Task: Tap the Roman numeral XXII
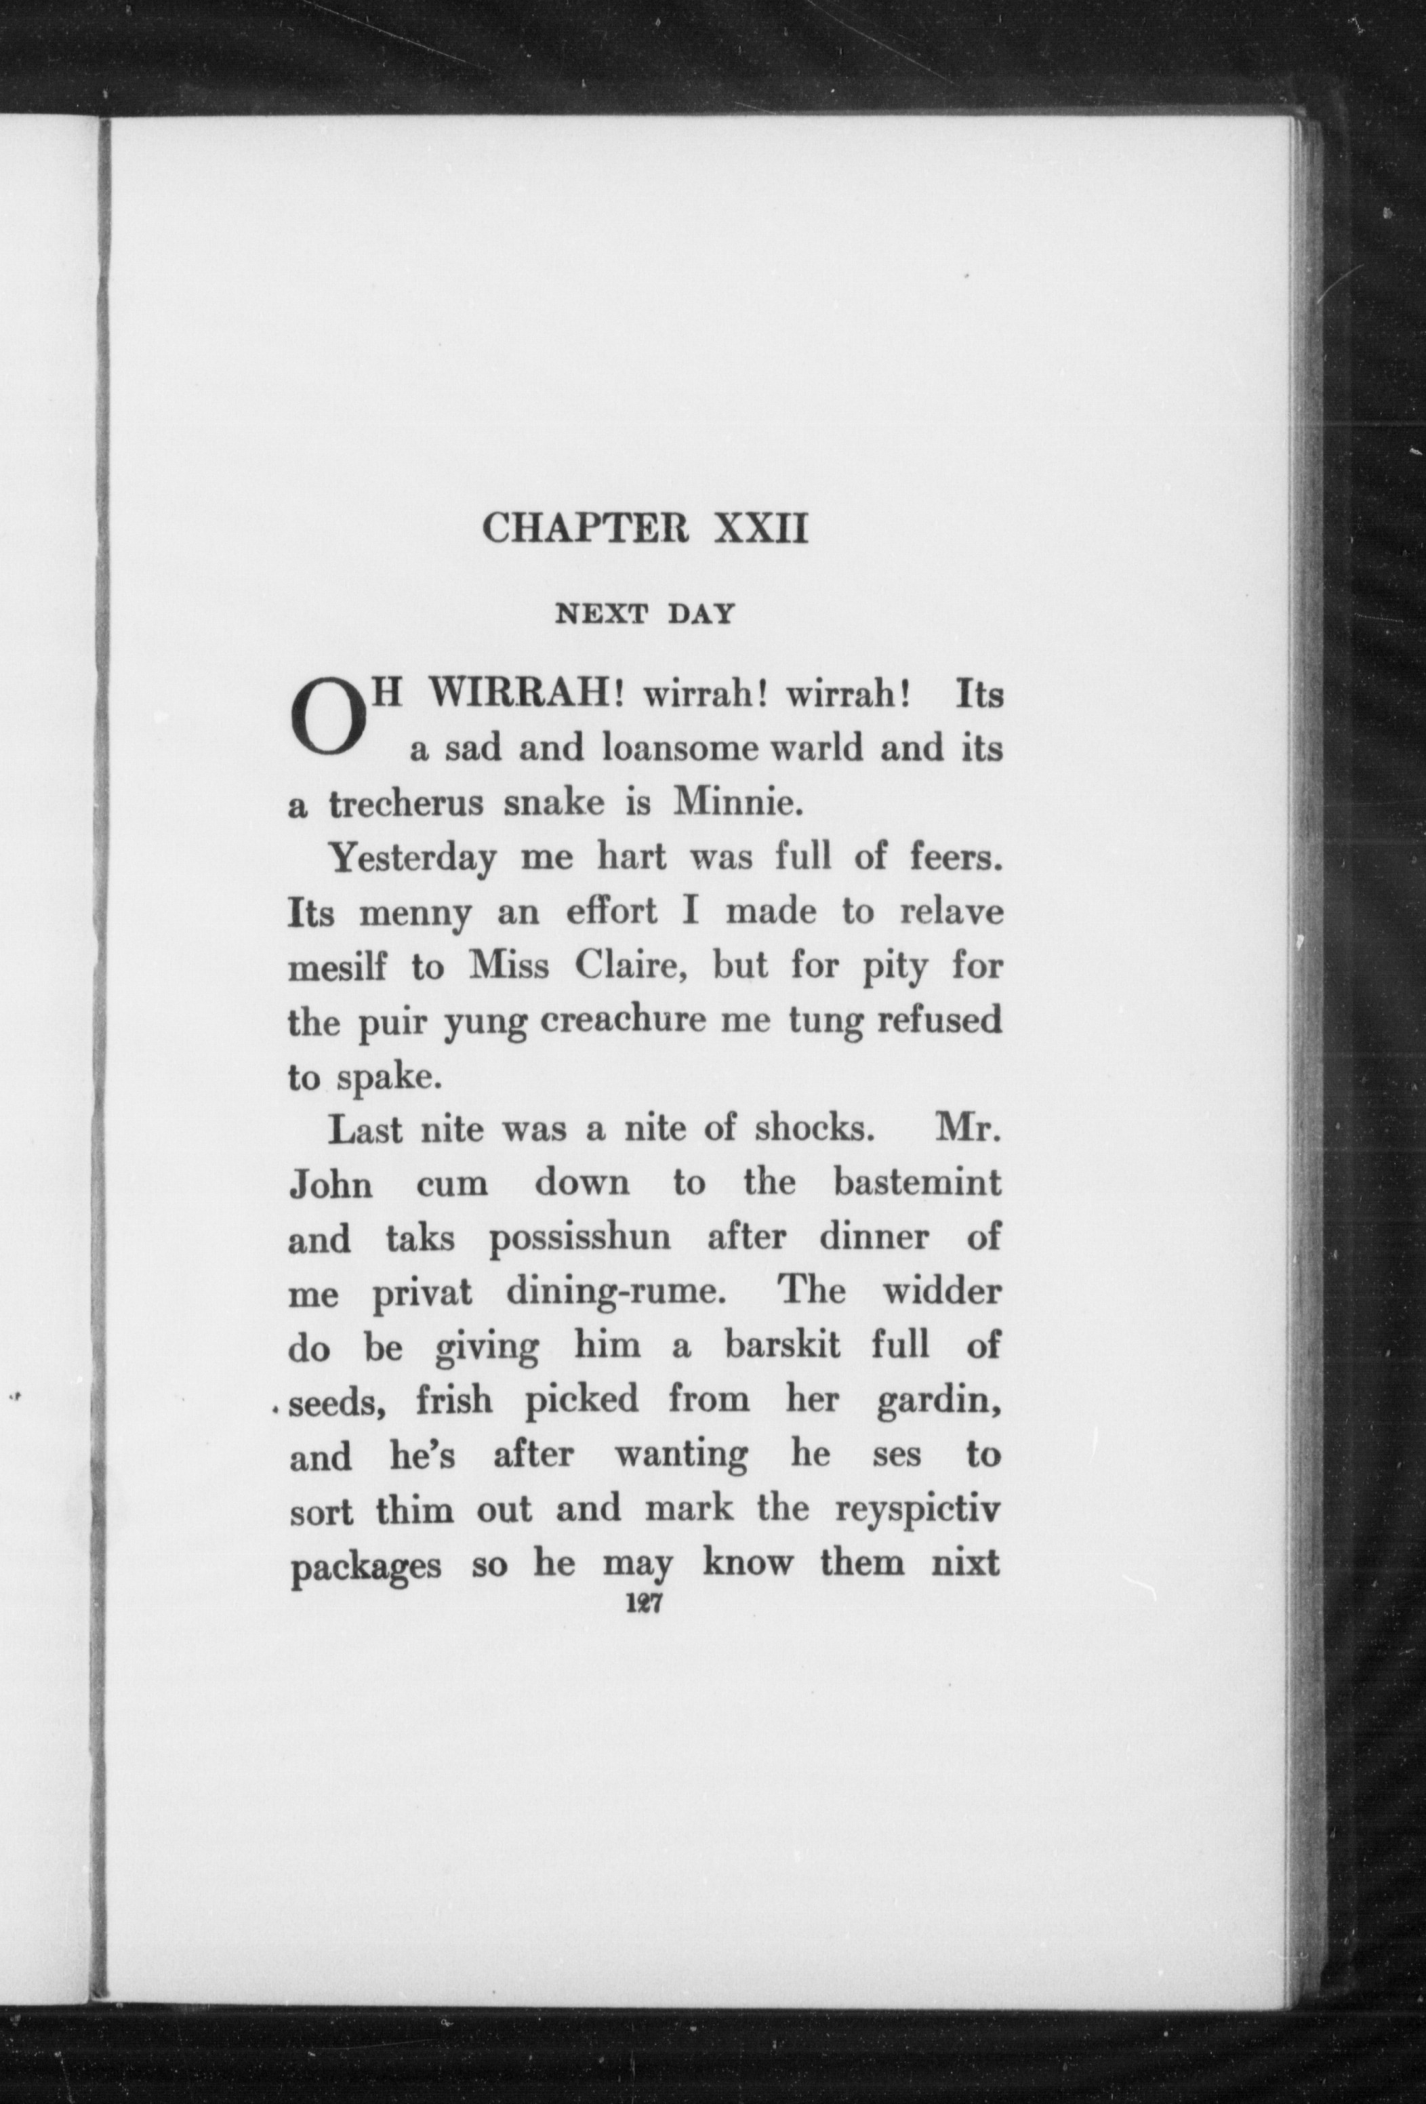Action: click(x=760, y=528)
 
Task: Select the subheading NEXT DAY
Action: click(x=645, y=615)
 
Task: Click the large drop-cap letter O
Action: click(x=328, y=721)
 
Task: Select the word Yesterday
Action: click(x=412, y=857)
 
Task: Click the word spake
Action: click(x=375, y=1077)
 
